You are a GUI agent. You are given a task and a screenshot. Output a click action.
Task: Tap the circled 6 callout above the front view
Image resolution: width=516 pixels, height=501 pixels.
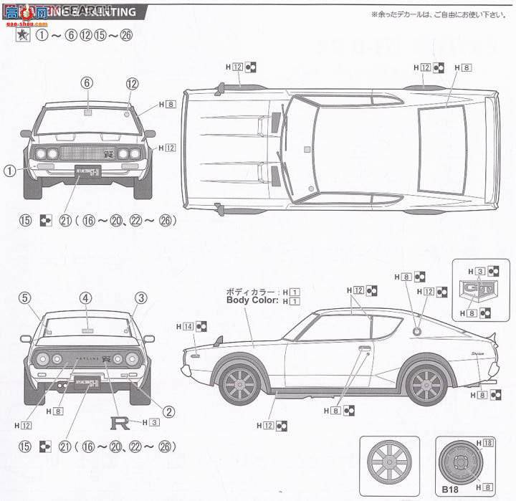pyautogui.click(x=87, y=83)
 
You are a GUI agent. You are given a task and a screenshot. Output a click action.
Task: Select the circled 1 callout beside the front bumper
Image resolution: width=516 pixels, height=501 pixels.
pyautogui.click(x=9, y=170)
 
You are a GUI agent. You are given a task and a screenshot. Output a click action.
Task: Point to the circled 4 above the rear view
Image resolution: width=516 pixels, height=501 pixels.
pyautogui.click(x=85, y=298)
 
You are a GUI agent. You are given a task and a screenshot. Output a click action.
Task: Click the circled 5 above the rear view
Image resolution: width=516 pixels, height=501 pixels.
pyautogui.click(x=24, y=298)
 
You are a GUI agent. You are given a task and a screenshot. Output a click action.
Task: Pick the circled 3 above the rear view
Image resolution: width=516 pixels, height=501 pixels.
pyautogui.click(x=140, y=298)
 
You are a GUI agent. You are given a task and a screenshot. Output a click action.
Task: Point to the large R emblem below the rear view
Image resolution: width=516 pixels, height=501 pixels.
pyautogui.click(x=118, y=422)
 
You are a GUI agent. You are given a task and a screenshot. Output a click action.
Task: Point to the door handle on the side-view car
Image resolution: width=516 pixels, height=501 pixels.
pyautogui.click(x=365, y=349)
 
